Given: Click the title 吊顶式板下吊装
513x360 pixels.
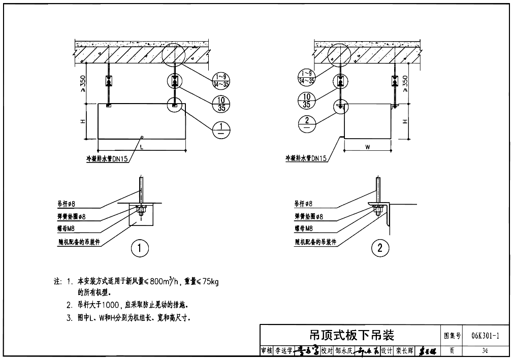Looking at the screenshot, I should [x=351, y=335].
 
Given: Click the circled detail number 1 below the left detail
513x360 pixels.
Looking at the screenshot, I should [x=140, y=248].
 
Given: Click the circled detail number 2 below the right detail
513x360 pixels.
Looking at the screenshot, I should [x=380, y=248].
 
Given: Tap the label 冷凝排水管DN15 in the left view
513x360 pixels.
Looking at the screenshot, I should [x=107, y=158].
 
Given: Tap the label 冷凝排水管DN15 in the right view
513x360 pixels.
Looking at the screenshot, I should [x=306, y=158].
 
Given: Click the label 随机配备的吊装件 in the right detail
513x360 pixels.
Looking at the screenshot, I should [x=315, y=242].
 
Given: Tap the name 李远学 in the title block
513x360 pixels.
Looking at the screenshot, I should [x=283, y=351].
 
